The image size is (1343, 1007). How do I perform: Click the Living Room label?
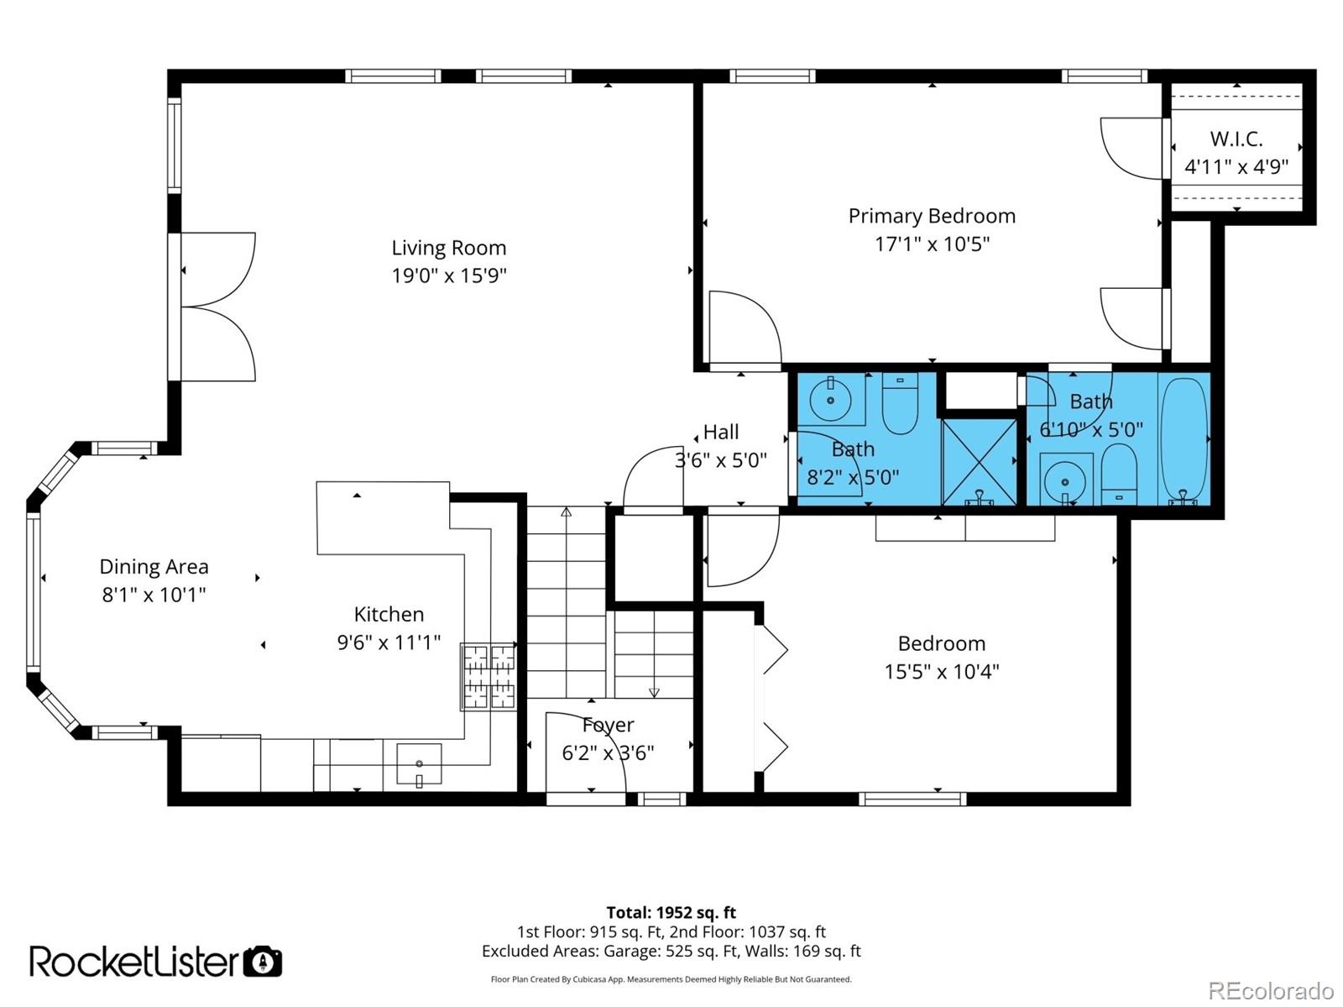449,248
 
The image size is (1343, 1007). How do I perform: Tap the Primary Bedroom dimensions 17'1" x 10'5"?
932,244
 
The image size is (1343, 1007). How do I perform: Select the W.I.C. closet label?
1236,139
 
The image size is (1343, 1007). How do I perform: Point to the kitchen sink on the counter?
419,763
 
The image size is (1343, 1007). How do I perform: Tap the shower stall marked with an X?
979,462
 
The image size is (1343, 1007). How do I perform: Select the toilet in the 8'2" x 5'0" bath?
900,403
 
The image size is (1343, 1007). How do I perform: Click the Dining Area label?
154,567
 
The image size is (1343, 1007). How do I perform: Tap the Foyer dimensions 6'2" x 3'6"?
608,753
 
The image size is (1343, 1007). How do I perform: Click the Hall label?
721,432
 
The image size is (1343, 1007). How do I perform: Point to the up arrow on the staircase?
566,511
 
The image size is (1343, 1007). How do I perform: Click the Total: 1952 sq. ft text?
671,912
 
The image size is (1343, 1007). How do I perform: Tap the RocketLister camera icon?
263,962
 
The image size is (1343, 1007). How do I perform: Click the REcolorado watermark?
1271,990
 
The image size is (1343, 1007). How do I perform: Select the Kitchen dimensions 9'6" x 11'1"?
389,643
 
